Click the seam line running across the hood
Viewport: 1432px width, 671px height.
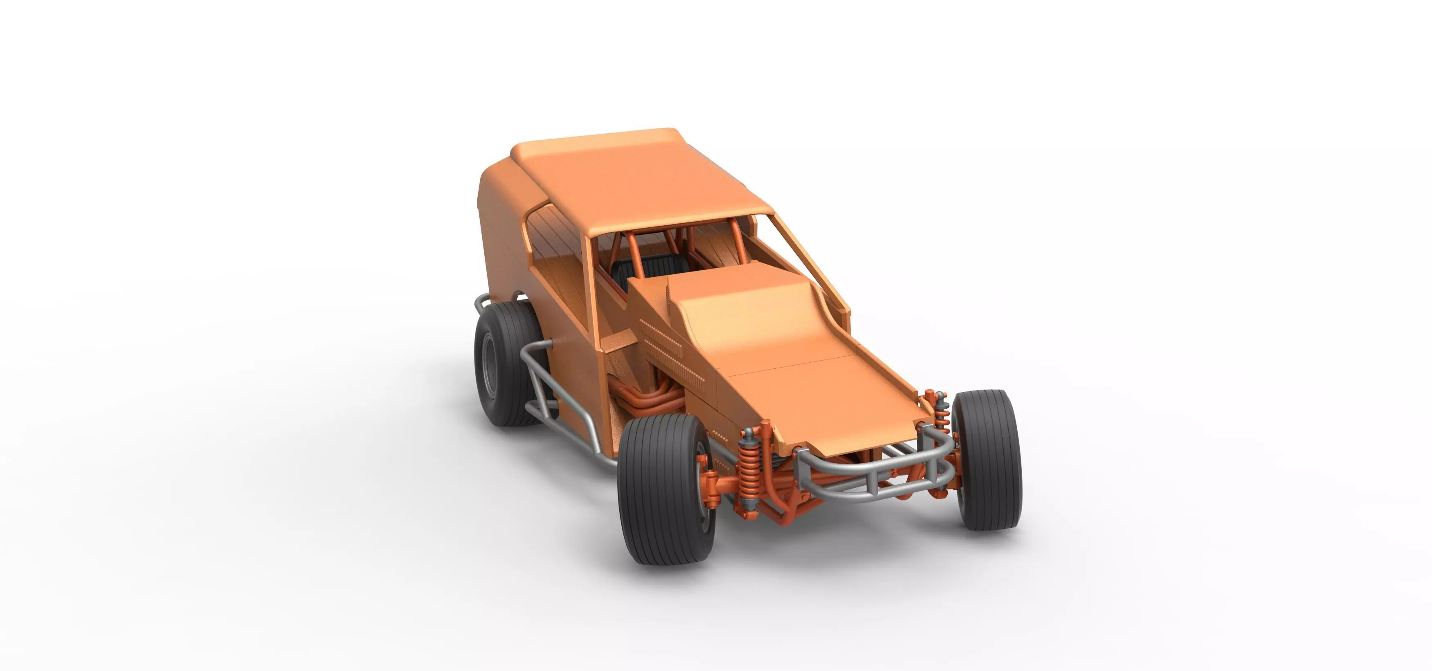point(789,364)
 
